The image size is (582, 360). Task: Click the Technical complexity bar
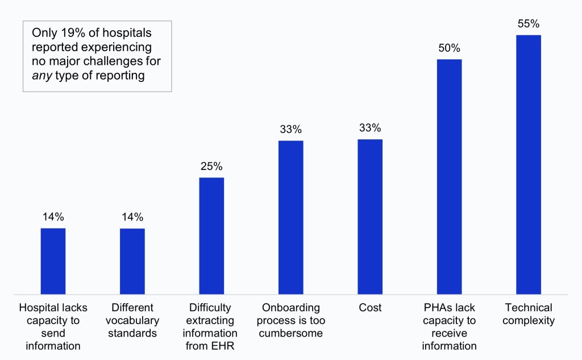(x=529, y=165)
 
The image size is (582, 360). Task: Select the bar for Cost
(x=370, y=217)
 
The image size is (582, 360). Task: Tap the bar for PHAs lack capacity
(x=449, y=177)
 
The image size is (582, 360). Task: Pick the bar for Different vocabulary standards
(x=132, y=261)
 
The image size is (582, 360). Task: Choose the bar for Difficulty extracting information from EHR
(x=211, y=235)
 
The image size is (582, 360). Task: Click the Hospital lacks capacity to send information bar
(x=53, y=261)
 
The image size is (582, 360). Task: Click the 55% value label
(x=529, y=24)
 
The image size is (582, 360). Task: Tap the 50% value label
(x=449, y=48)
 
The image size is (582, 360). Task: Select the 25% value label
(x=211, y=167)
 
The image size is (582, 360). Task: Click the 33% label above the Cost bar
(x=370, y=128)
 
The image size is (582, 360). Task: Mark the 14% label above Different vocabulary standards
(x=132, y=217)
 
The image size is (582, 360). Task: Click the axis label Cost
(x=370, y=308)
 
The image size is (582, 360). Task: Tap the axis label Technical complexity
(x=529, y=314)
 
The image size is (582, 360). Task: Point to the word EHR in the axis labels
(x=224, y=346)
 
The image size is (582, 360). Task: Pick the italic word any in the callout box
(x=40, y=74)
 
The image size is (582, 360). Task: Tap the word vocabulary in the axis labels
(x=132, y=320)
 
